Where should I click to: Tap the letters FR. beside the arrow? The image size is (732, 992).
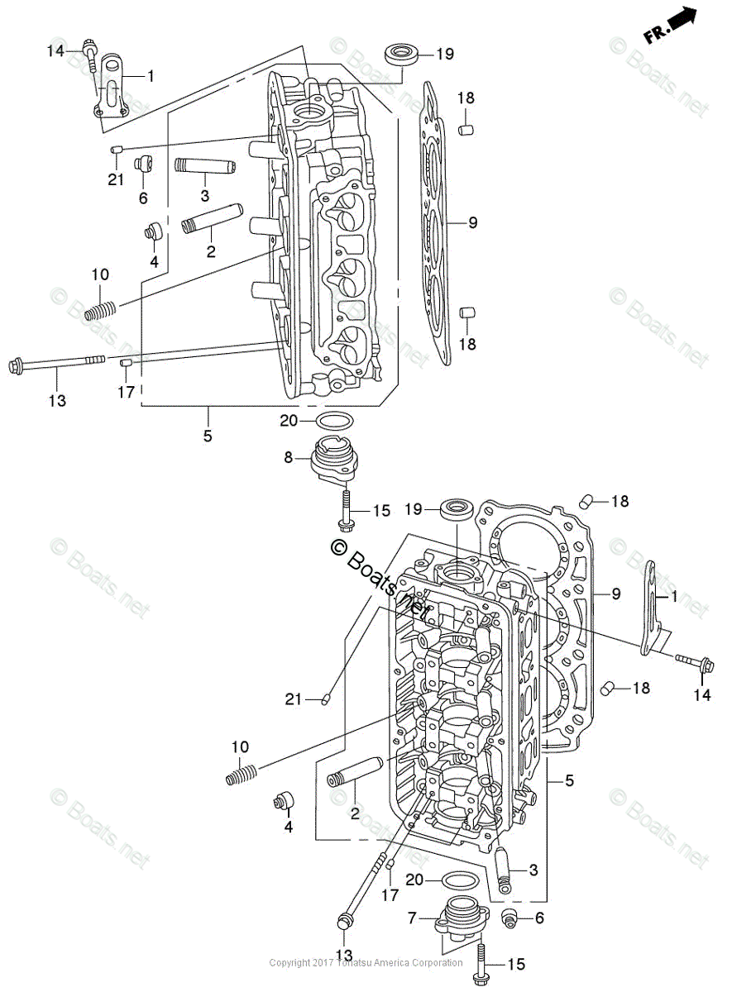656,34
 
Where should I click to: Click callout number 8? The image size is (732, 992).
289,457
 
